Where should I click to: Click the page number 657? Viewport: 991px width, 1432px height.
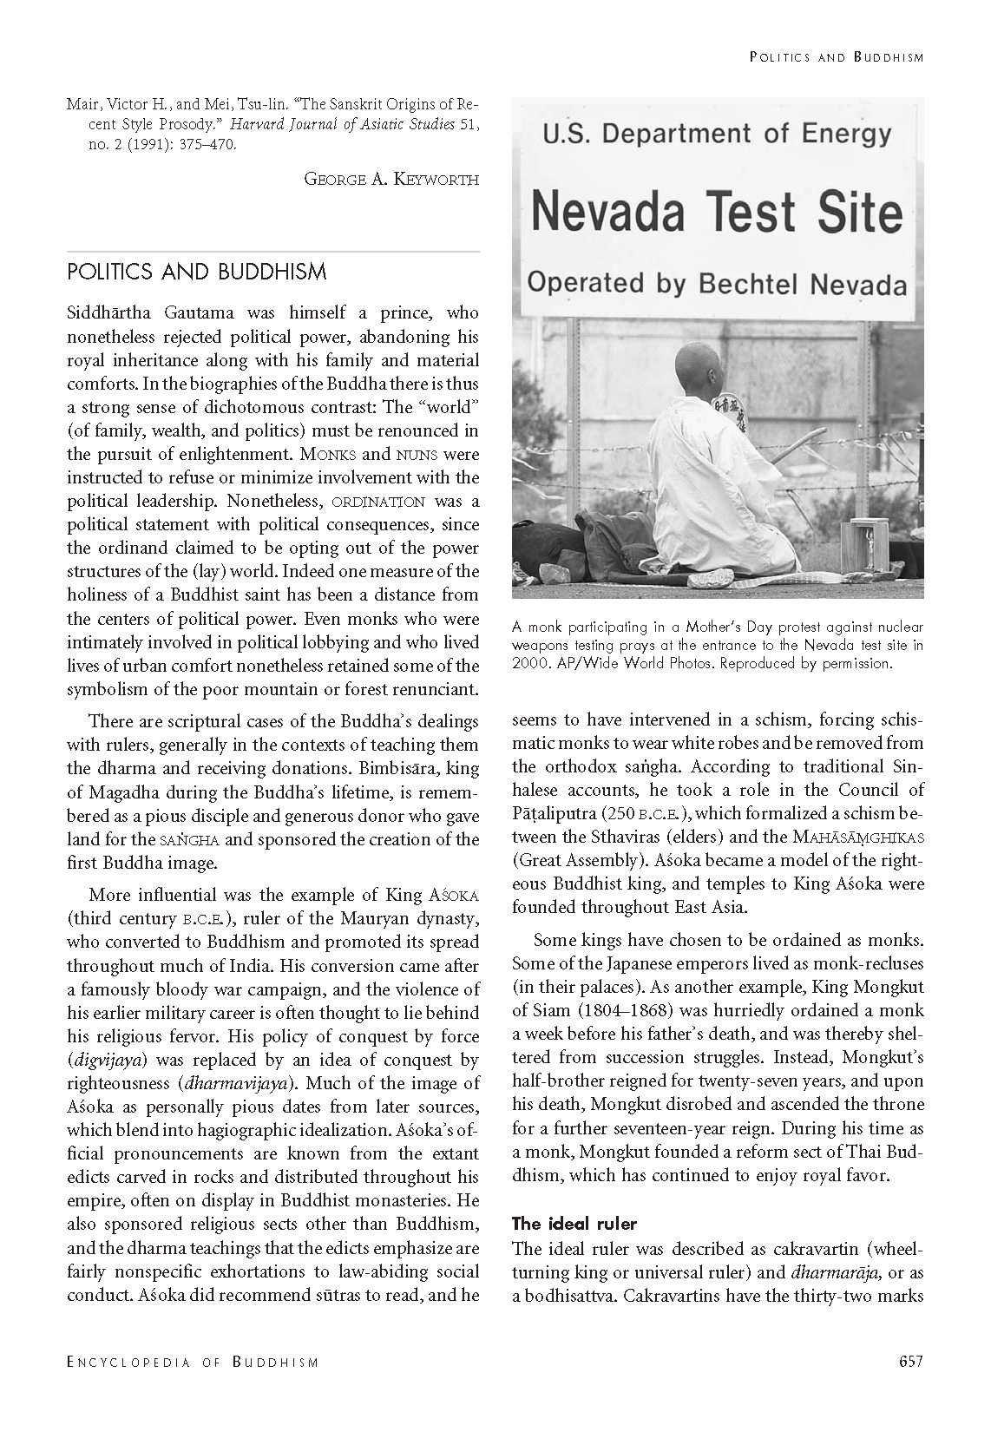910,1361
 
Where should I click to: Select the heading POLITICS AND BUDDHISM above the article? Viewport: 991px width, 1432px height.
197,273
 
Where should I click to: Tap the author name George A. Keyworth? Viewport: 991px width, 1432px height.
391,179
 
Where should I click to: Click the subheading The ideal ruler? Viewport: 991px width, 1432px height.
574,1224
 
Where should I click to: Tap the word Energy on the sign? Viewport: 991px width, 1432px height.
847,134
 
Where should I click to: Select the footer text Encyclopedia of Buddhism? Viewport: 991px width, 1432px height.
193,1362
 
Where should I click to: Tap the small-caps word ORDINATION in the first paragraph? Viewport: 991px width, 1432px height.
378,502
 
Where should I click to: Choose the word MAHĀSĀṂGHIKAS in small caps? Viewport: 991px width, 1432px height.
858,837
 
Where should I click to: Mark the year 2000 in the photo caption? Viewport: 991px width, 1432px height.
528,663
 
